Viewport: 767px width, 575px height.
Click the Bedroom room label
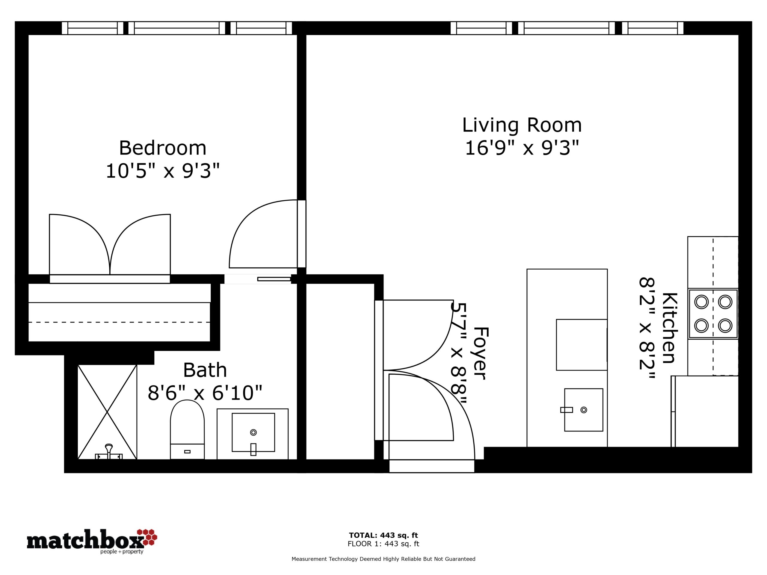[x=163, y=148]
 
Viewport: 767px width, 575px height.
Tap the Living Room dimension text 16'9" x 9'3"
[x=522, y=148]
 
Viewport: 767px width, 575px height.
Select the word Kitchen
[x=670, y=328]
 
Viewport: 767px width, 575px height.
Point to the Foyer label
[x=481, y=353]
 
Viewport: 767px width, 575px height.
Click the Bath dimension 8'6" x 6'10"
[x=205, y=393]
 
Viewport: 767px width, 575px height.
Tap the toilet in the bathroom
[x=187, y=430]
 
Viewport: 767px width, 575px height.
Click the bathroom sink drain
[x=253, y=432]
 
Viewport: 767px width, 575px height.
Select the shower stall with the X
[x=107, y=412]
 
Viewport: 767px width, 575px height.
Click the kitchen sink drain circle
[x=584, y=410]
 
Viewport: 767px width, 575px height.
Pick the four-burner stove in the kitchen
[x=713, y=314]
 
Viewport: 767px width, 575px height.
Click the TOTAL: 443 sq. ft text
[x=383, y=535]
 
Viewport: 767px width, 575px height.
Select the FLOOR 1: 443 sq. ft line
[x=383, y=544]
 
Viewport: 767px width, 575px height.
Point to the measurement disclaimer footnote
[x=383, y=559]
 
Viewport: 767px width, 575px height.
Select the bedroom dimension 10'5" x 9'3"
[x=163, y=171]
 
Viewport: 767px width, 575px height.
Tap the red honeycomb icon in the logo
[x=147, y=537]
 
